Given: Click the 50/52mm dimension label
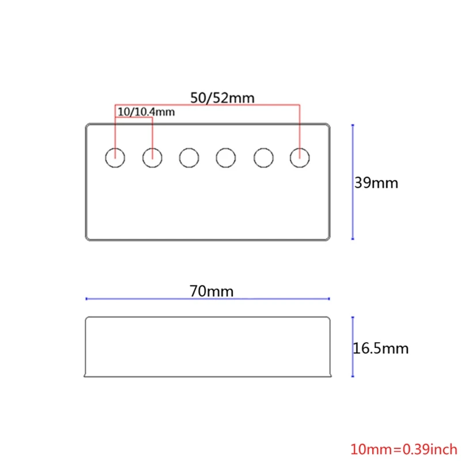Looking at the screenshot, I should (x=222, y=97).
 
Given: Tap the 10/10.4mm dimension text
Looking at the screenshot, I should (x=145, y=112).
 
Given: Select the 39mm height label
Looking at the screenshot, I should (x=376, y=183).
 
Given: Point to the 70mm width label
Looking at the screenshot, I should (x=211, y=291).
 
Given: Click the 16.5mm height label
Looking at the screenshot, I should (x=380, y=348).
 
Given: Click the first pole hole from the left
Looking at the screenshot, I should (x=115, y=156).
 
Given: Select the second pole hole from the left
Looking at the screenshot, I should (x=152, y=156).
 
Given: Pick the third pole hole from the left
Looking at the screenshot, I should (x=189, y=156).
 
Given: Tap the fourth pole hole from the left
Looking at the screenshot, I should (x=226, y=156).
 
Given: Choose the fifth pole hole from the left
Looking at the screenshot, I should (x=263, y=156).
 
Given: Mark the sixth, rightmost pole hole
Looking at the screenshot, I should (x=300, y=156).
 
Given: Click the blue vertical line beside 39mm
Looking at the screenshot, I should (x=352, y=182).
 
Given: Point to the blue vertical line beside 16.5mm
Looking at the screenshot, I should (x=352, y=346).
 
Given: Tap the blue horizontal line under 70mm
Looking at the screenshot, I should (x=207, y=298).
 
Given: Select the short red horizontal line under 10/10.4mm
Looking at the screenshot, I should (x=134, y=117).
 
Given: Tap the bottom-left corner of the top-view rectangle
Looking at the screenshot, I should (x=86, y=239).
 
